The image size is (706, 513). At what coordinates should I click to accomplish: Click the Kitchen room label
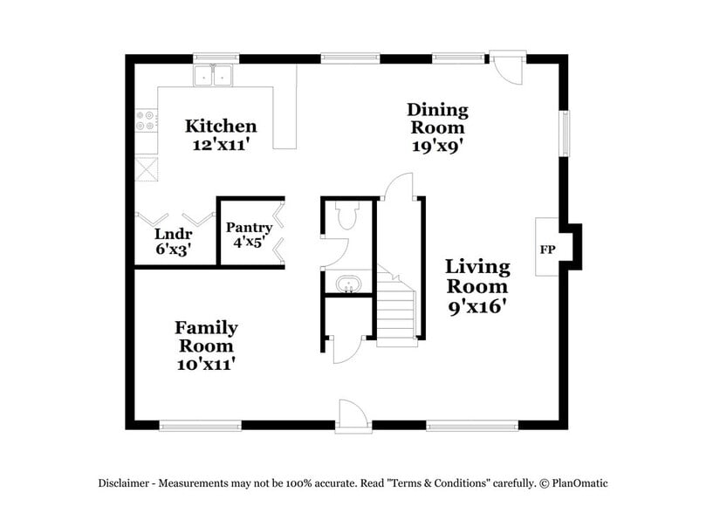(221, 127)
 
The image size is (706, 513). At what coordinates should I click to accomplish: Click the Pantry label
(249, 228)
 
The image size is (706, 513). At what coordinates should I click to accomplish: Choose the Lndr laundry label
(173, 234)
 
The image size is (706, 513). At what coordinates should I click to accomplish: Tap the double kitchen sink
(215, 77)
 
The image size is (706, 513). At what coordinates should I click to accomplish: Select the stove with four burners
(145, 120)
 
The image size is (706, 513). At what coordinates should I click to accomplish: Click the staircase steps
(395, 310)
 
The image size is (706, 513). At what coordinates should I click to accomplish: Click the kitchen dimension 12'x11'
(222, 145)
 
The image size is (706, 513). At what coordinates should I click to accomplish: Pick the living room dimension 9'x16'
(476, 306)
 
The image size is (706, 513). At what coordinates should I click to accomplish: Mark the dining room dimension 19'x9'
(437, 146)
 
